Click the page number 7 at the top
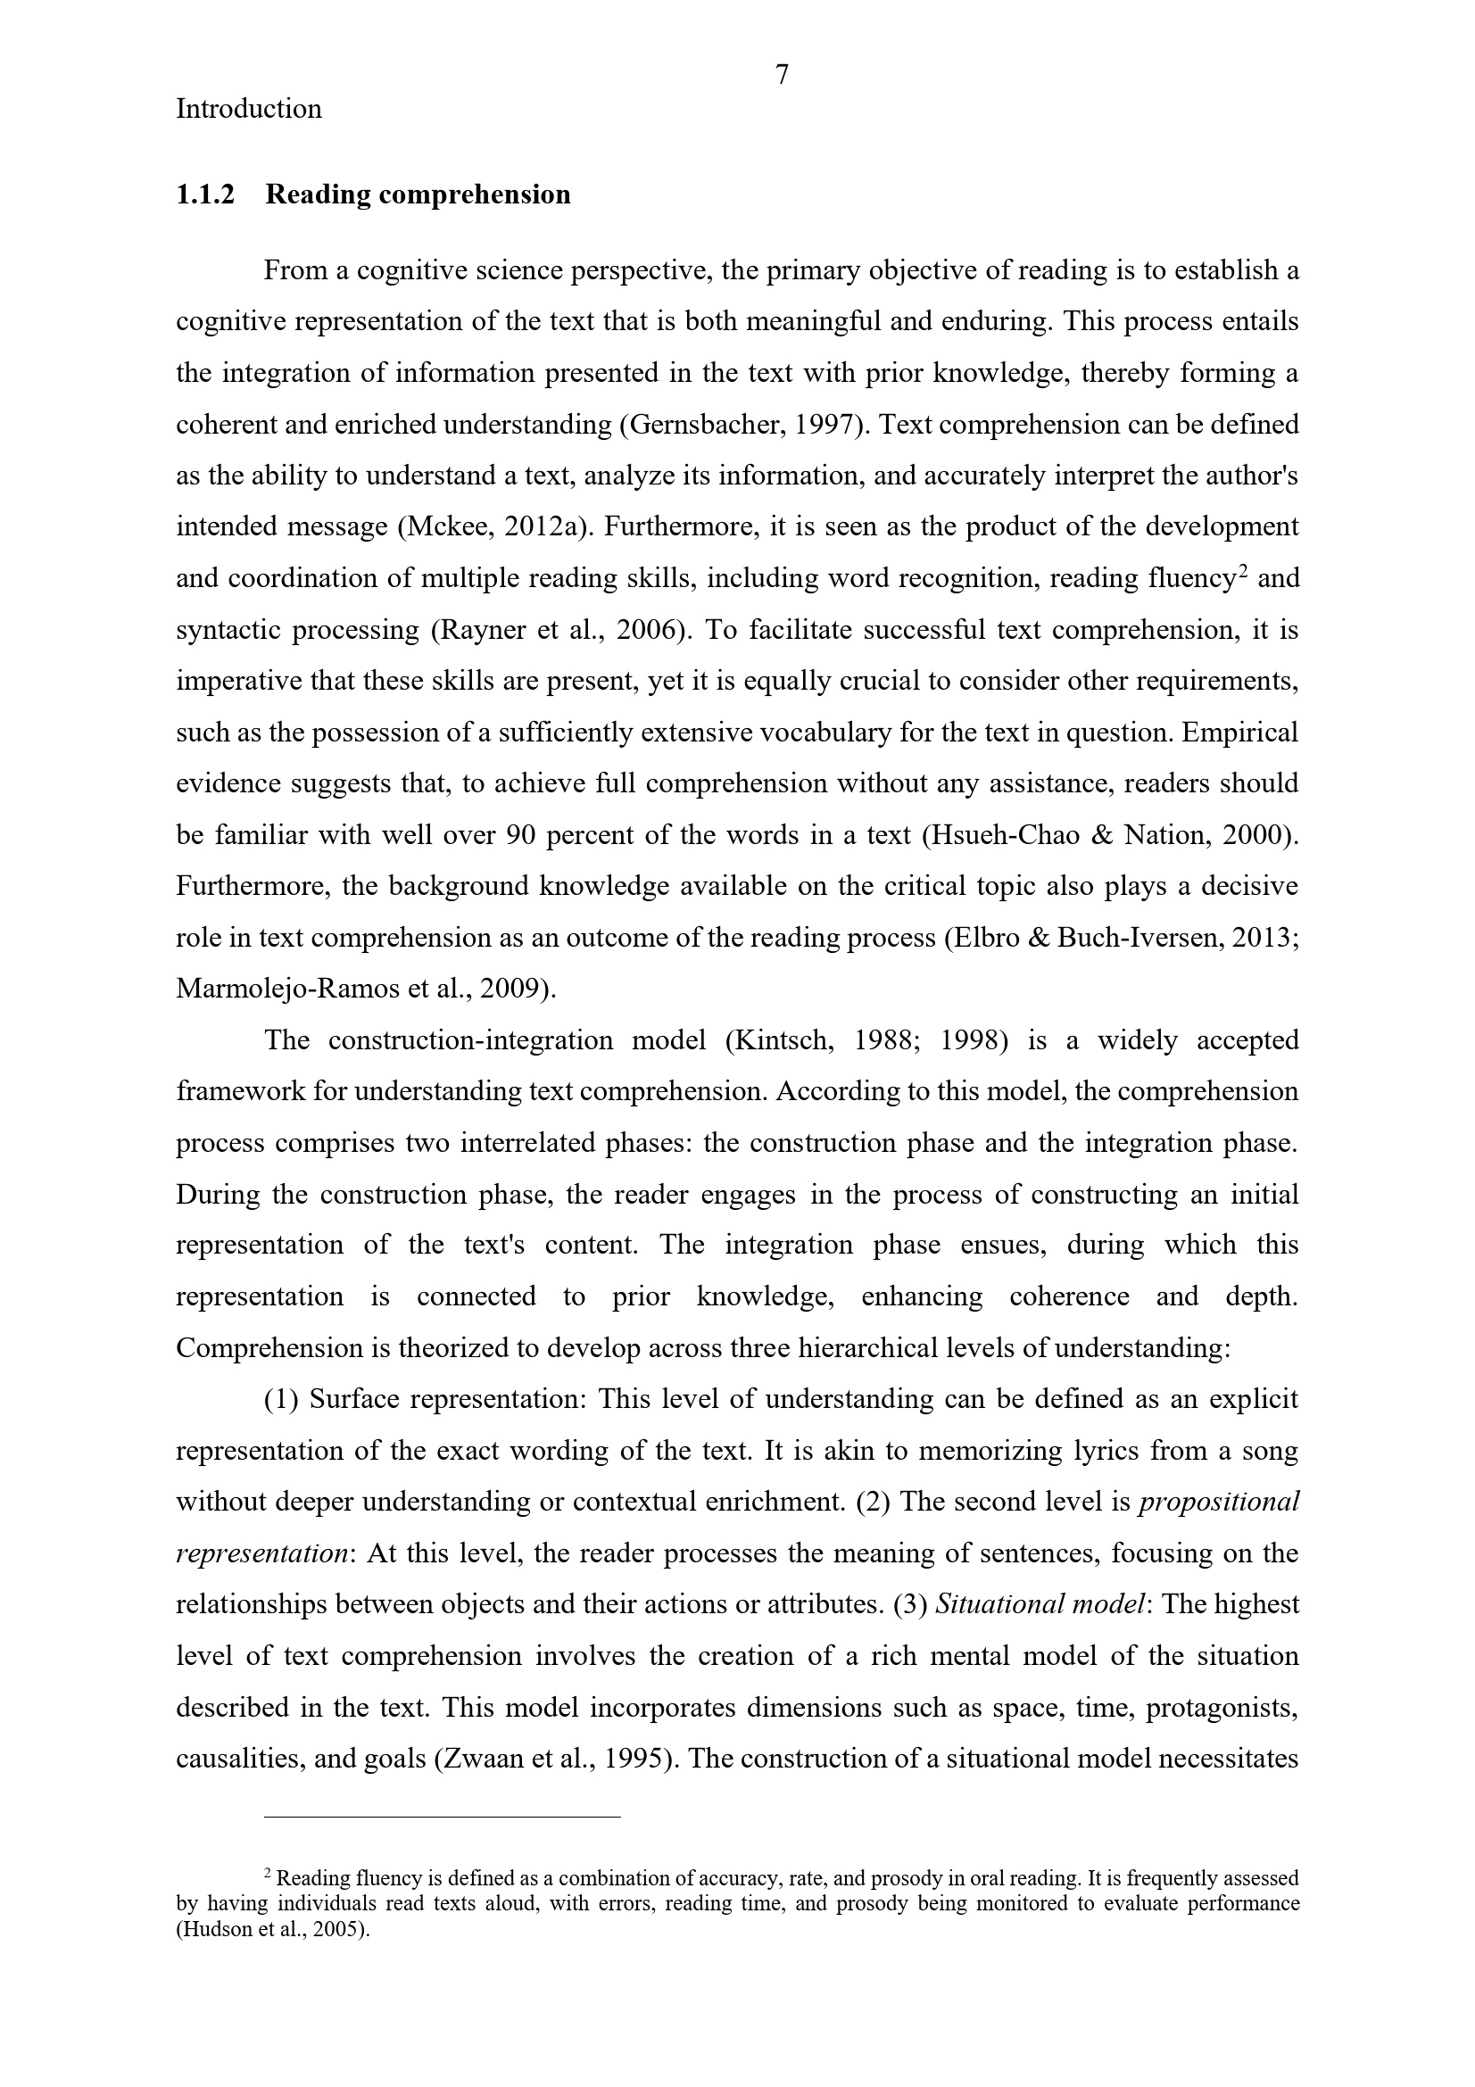coord(782,74)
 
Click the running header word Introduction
coord(248,109)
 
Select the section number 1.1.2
coord(204,195)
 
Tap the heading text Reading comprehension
coord(418,195)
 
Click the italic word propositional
coord(1219,1502)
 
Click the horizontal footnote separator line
coord(442,1817)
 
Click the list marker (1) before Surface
coord(282,1399)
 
